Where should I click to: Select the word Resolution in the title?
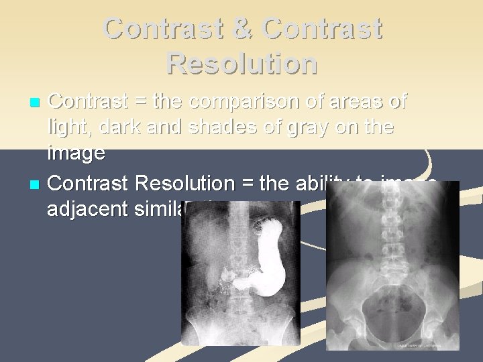tap(241, 63)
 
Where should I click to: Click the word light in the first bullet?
tap(67, 127)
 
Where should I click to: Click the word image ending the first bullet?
tap(76, 154)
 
